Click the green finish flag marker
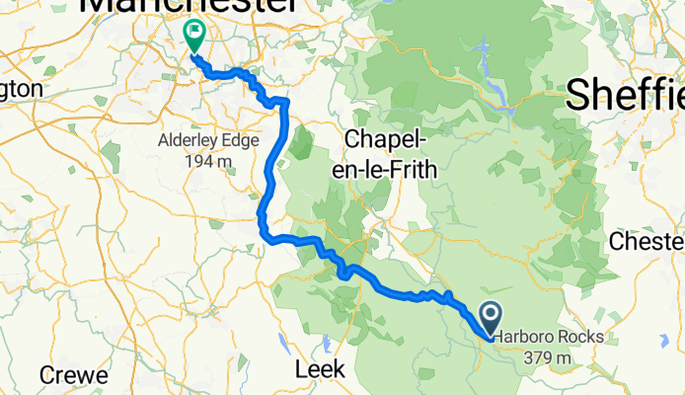click(193, 37)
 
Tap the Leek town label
click(321, 368)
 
